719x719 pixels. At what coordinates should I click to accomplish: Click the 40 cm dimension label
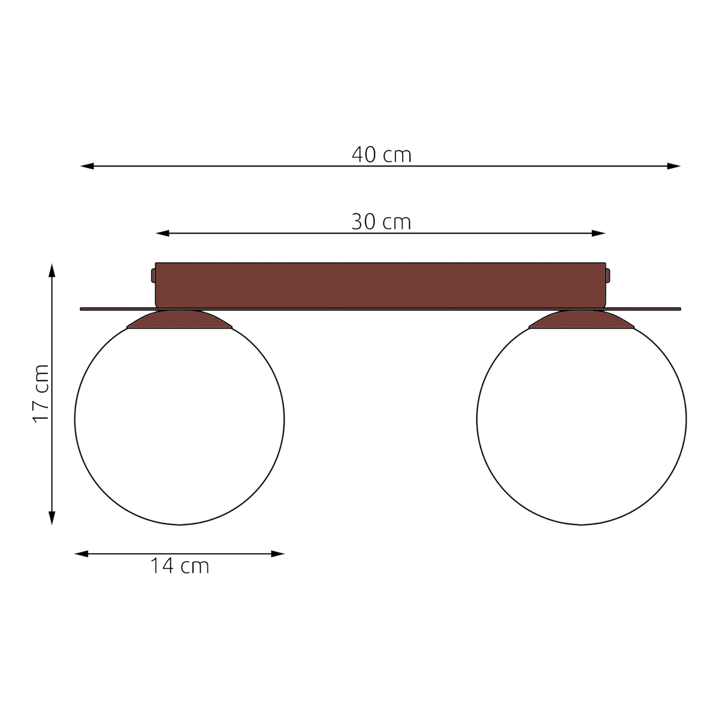point(381,155)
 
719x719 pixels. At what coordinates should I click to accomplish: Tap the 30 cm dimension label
point(381,222)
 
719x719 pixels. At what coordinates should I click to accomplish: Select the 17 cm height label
point(41,394)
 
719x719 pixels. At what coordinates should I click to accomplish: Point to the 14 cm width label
point(180,566)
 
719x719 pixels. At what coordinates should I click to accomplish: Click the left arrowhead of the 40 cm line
point(87,166)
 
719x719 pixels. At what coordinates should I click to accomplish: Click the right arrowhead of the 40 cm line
point(674,166)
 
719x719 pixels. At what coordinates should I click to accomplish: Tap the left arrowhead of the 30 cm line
point(162,234)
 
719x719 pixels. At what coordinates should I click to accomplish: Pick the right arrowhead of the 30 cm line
point(599,234)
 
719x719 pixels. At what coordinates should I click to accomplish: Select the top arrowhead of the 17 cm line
point(52,270)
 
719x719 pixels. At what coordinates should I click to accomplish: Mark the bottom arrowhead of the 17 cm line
point(52,518)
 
